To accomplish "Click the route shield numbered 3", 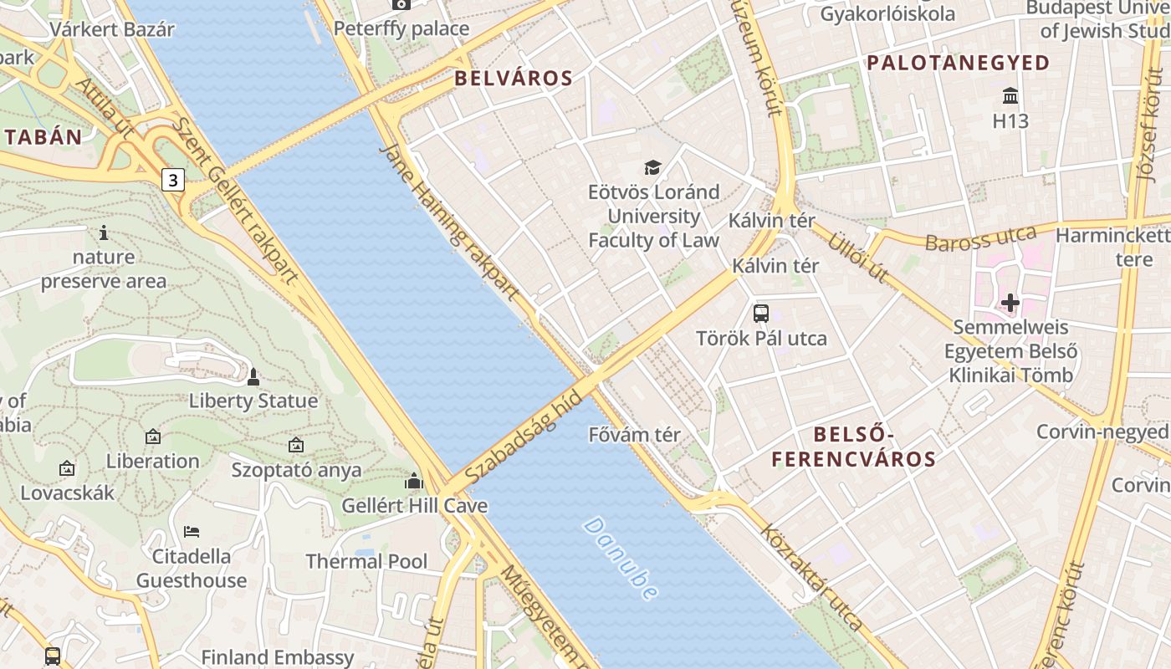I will pyautogui.click(x=172, y=179).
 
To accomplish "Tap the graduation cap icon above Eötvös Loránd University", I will pyautogui.click(x=652, y=168).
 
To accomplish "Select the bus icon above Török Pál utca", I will pyautogui.click(x=761, y=314).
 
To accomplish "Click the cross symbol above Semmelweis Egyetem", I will pyautogui.click(x=1010, y=302).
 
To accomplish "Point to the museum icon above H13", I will pyautogui.click(x=1010, y=95).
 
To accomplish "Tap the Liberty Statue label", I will pyautogui.click(x=253, y=401).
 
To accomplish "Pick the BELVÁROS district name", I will pyautogui.click(x=513, y=79).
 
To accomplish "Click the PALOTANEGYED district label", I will pyautogui.click(x=958, y=63).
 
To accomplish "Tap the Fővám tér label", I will pyautogui.click(x=635, y=435).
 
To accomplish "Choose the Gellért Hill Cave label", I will pyautogui.click(x=414, y=506).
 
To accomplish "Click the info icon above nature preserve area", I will pyautogui.click(x=104, y=232).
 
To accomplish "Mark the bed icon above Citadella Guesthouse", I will pyautogui.click(x=192, y=532).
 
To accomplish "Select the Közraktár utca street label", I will pyautogui.click(x=810, y=577).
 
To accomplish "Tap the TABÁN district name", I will pyautogui.click(x=43, y=138).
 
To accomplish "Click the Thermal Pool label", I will pyautogui.click(x=366, y=561).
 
